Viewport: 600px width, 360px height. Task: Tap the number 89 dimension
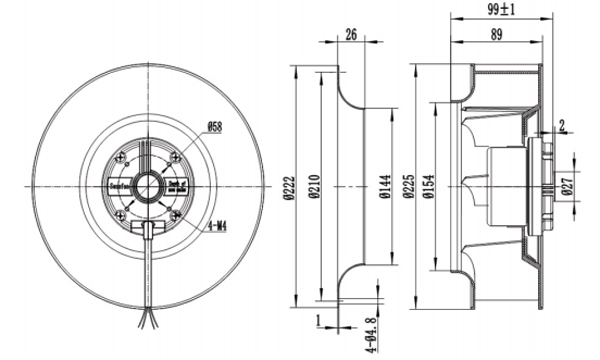point(496,34)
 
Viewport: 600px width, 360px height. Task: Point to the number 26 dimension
point(350,34)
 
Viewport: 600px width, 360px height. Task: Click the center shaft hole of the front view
point(147,184)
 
